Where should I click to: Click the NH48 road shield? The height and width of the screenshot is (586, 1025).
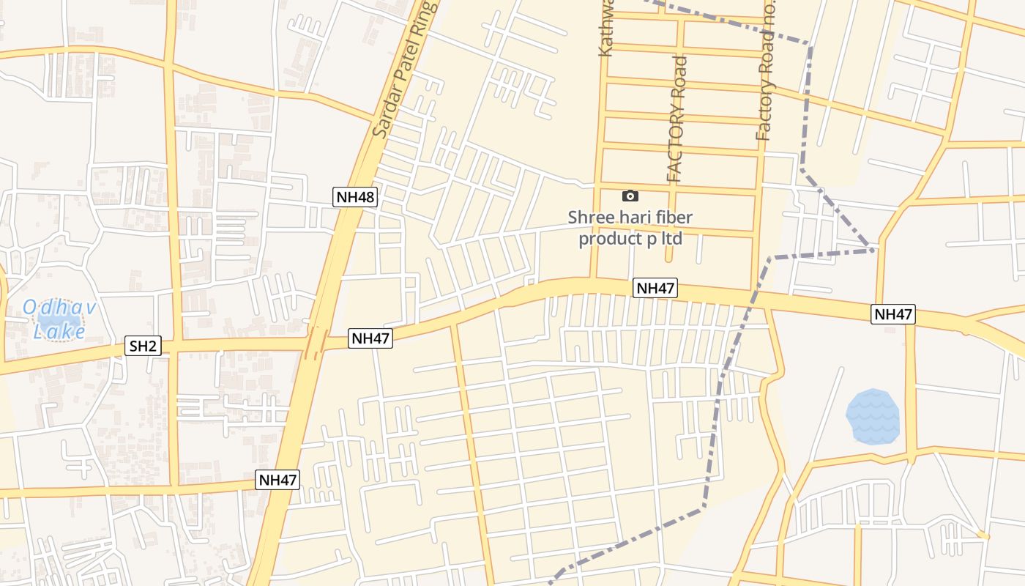click(355, 197)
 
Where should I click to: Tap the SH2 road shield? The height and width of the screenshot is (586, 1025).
click(143, 346)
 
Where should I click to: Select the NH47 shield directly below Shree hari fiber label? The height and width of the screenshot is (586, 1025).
click(655, 289)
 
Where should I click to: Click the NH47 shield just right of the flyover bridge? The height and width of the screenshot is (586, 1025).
click(370, 338)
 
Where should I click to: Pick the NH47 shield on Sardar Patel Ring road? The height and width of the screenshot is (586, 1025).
click(278, 481)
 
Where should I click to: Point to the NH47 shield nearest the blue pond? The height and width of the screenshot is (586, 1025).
click(893, 314)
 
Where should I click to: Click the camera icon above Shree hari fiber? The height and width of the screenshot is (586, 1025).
click(630, 196)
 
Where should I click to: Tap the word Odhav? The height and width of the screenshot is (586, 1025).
click(60, 307)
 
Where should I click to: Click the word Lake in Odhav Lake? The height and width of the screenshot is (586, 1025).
click(60, 332)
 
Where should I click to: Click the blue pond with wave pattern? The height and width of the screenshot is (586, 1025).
click(873, 416)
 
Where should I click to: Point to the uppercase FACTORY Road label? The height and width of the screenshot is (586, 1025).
click(676, 119)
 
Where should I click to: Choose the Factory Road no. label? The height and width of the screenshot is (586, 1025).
click(765, 73)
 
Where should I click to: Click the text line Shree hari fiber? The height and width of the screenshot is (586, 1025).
click(630, 218)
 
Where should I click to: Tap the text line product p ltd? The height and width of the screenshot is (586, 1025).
click(630, 239)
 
